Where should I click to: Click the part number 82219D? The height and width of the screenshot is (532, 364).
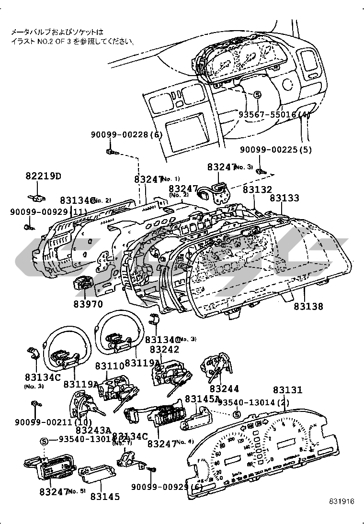(44, 176)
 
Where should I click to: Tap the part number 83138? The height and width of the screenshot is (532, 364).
(308, 306)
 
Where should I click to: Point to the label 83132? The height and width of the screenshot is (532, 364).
(257, 189)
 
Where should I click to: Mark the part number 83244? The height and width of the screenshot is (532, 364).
(224, 389)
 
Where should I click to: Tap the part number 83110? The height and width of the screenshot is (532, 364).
(109, 366)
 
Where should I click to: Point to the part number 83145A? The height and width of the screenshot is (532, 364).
(202, 398)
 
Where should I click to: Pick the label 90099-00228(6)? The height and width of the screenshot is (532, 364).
(126, 135)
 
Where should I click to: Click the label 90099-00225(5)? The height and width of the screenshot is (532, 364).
(275, 150)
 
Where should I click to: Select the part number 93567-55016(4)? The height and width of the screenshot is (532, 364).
(274, 115)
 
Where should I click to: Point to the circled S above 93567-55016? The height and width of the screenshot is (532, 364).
(257, 95)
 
